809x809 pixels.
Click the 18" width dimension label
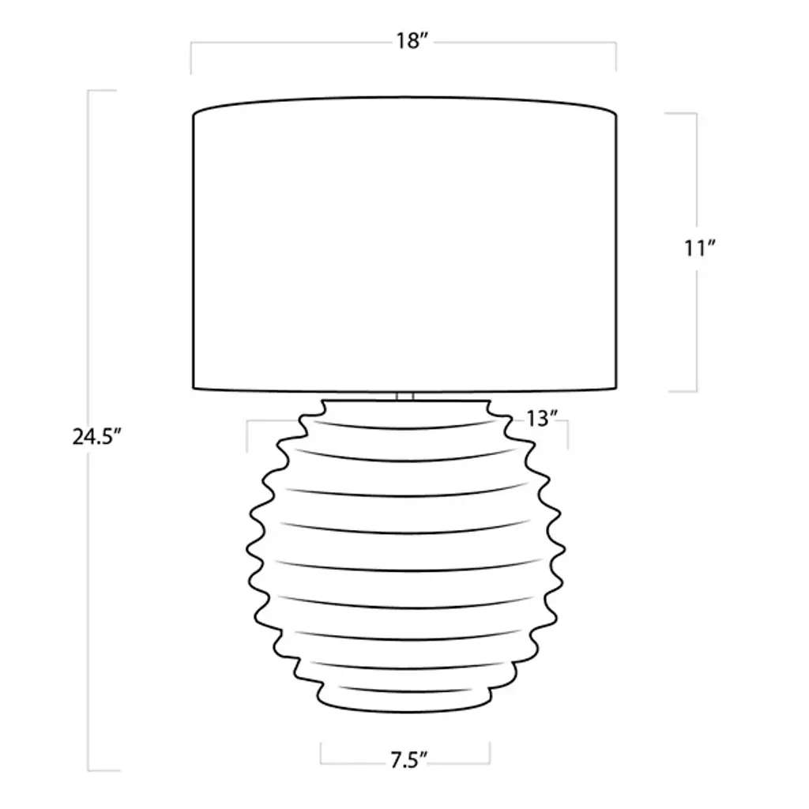pos(412,41)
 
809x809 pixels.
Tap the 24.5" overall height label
pos(96,438)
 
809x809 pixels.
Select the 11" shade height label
pos(700,249)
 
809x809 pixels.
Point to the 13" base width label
pos(543,419)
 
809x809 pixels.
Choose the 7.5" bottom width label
pos(409,760)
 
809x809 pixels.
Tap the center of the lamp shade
pos(404,243)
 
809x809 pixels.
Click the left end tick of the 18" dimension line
pos(191,58)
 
